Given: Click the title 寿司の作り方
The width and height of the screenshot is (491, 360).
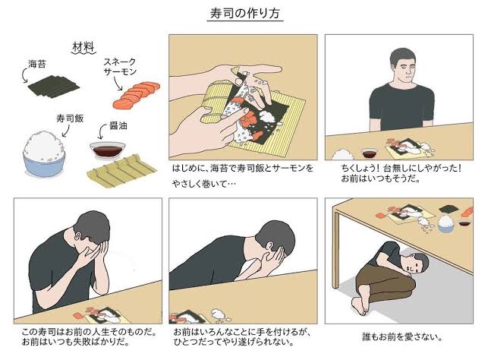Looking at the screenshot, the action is [x=245, y=14].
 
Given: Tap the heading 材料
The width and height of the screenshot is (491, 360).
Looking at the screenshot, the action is [x=83, y=47].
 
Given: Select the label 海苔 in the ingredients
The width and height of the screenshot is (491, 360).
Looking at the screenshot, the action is [x=37, y=65].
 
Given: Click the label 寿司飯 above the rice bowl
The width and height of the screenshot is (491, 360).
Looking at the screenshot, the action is [x=70, y=118].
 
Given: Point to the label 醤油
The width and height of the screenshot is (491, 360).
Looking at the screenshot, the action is [x=118, y=125].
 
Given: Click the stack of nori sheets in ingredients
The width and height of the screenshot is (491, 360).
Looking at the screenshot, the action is [x=54, y=86].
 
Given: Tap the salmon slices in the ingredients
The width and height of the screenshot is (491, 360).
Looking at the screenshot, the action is [x=136, y=95].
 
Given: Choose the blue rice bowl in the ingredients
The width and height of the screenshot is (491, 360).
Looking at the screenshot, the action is [x=44, y=154].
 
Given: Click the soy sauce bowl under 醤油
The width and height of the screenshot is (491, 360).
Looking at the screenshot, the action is [x=107, y=150].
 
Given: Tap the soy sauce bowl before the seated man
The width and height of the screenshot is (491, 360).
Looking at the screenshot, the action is [x=370, y=153].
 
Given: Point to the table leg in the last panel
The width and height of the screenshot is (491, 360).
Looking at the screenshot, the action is [x=336, y=250].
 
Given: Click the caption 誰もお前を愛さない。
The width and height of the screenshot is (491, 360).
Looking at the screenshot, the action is [x=401, y=337].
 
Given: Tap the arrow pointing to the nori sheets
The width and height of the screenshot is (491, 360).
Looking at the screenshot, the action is [x=24, y=76].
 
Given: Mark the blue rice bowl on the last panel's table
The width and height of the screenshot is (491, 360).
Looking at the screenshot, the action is [x=446, y=224].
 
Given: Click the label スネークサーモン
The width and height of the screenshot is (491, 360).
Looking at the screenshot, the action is [x=120, y=66].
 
